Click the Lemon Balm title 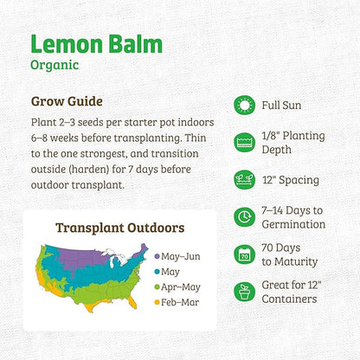[106, 44]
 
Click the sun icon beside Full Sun [245, 105]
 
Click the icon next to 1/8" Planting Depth [245, 142]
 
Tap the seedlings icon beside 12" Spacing [245, 180]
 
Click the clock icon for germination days [245, 217]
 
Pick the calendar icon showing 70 [245, 254]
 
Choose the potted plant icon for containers [245, 292]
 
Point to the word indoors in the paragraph [194, 122]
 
